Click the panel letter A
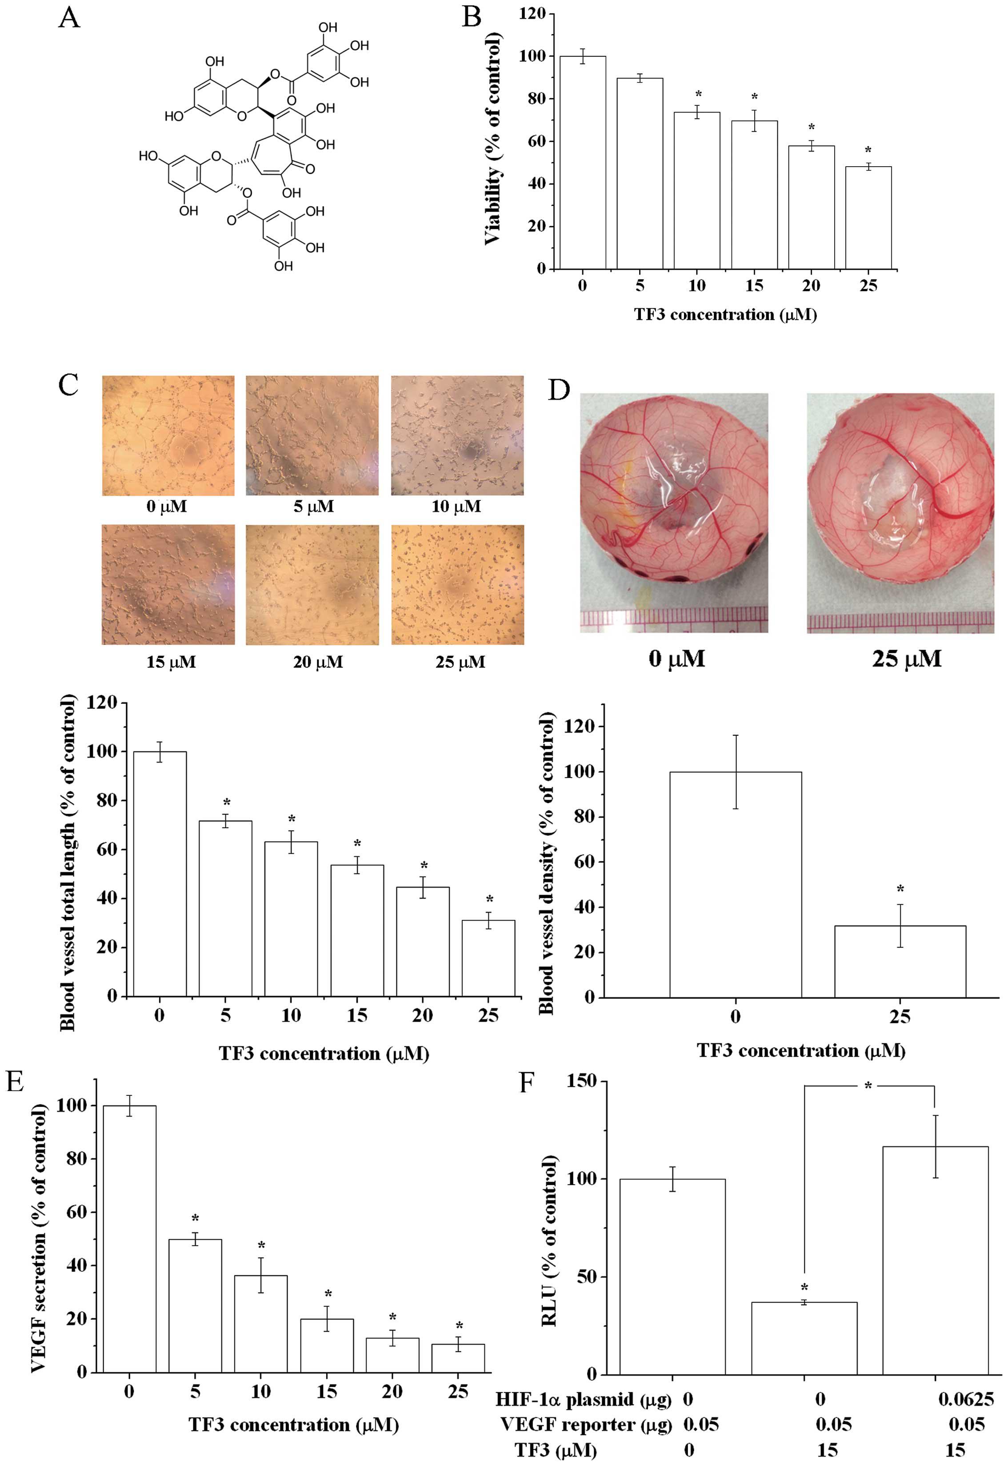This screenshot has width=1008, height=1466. pos(69,18)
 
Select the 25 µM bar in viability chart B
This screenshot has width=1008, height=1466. pos(868,218)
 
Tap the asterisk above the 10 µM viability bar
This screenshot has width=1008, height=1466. pos(698,95)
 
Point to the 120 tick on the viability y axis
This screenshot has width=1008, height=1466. pos(532,13)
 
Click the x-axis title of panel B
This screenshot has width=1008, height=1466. pos(725,315)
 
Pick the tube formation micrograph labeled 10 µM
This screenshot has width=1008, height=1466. pos(456,435)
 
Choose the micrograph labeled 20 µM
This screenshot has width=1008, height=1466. pos(312,585)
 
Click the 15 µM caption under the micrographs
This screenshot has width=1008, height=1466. pos(171,662)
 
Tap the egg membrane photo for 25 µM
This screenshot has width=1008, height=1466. pos(900,513)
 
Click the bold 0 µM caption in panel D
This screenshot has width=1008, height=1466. pos(676,659)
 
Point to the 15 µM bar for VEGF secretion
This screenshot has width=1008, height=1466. pos(327,1345)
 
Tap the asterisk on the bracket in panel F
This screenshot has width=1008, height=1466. pos(868,1086)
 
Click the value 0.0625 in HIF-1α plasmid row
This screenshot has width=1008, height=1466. pos(965,1399)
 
